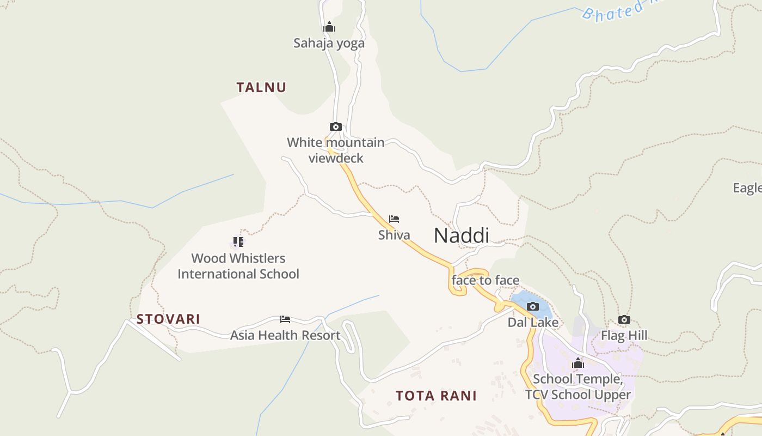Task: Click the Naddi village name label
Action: point(461,235)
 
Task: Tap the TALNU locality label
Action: point(261,87)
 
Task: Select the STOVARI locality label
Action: point(168,319)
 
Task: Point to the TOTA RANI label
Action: point(436,396)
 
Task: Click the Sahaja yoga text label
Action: point(329,43)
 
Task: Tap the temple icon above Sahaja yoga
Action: point(329,27)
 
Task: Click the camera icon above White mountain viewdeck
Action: point(336,127)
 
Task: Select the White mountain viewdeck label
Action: point(336,150)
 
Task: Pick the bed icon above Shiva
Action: point(394,219)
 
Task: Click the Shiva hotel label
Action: point(394,235)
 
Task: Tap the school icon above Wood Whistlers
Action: point(238,241)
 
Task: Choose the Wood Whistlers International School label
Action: point(238,266)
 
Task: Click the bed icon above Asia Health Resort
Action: point(285,319)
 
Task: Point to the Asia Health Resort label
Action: point(285,335)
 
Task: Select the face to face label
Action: point(486,280)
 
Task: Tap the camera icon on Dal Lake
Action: point(533,306)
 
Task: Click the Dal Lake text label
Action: point(533,322)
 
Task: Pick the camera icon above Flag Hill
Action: point(624,320)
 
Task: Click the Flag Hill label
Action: point(624,336)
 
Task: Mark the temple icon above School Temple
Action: point(578,363)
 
